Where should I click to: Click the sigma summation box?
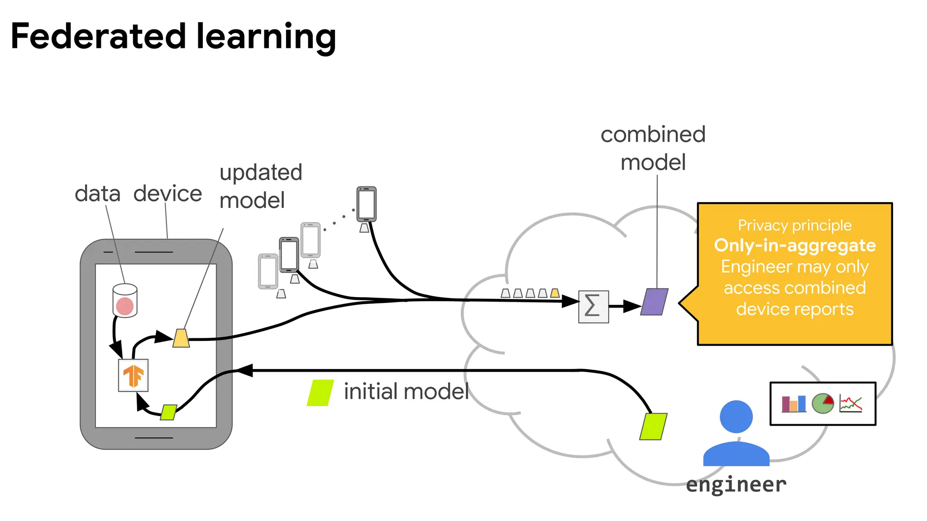[593, 307]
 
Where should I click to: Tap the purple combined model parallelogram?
[655, 302]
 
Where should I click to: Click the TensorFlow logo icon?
[133, 375]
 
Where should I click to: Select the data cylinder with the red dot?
[125, 301]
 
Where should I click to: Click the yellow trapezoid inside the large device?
[181, 338]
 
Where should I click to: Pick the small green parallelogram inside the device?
[168, 412]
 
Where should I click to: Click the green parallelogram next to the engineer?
[653, 426]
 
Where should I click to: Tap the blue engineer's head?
[736, 417]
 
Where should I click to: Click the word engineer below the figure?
[736, 485]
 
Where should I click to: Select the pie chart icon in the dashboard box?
[822, 403]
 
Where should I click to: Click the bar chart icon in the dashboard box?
[794, 404]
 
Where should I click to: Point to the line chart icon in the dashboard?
[851, 403]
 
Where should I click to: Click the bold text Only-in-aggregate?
[795, 245]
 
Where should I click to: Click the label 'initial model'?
[406, 392]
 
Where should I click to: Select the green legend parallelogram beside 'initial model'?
[320, 393]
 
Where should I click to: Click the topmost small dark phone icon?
[366, 204]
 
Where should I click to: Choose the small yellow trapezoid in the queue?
[555, 293]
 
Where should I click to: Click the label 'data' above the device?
[98, 194]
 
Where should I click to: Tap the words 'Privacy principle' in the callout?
[795, 225]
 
